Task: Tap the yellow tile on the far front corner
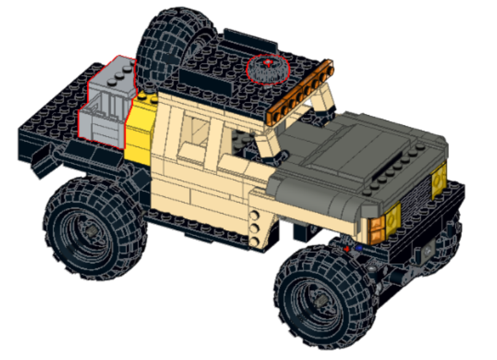(x=439, y=182)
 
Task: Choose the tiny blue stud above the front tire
(x=359, y=249)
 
